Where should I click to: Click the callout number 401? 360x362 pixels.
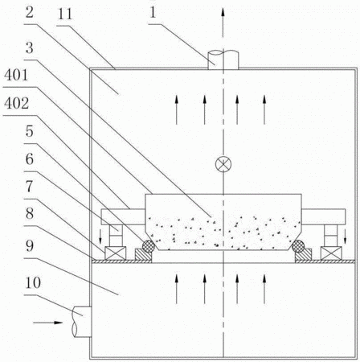pyautogui.click(x=16, y=75)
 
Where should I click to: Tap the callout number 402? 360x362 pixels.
pyautogui.click(x=16, y=104)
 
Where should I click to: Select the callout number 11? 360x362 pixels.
pyautogui.click(x=65, y=14)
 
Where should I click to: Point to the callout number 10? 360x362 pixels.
pyautogui.click(x=33, y=282)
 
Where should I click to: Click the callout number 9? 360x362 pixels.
pyautogui.click(x=30, y=246)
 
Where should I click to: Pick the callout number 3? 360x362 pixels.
pyautogui.click(x=30, y=48)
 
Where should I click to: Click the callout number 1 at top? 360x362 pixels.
pyautogui.click(x=153, y=12)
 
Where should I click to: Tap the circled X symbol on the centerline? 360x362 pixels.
pyautogui.click(x=223, y=164)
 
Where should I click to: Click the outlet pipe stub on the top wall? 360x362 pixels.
pyautogui.click(x=223, y=60)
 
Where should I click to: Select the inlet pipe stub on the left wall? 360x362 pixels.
pyautogui.click(x=82, y=322)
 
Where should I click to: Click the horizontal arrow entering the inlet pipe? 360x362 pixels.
pyautogui.click(x=48, y=323)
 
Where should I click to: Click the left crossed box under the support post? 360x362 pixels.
pyautogui.click(x=115, y=253)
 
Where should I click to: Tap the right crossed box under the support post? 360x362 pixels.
pyautogui.click(x=331, y=253)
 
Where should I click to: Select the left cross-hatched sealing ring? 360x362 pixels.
pyautogui.click(x=148, y=245)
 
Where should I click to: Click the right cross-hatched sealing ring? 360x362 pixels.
pyautogui.click(x=298, y=245)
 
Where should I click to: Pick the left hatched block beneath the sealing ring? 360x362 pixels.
pyautogui.click(x=143, y=255)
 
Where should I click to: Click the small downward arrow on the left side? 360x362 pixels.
pyautogui.click(x=100, y=237)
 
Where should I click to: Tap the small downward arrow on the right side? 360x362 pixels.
pyautogui.click(x=346, y=237)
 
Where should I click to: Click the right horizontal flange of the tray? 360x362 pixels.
pyautogui.click(x=324, y=216)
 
